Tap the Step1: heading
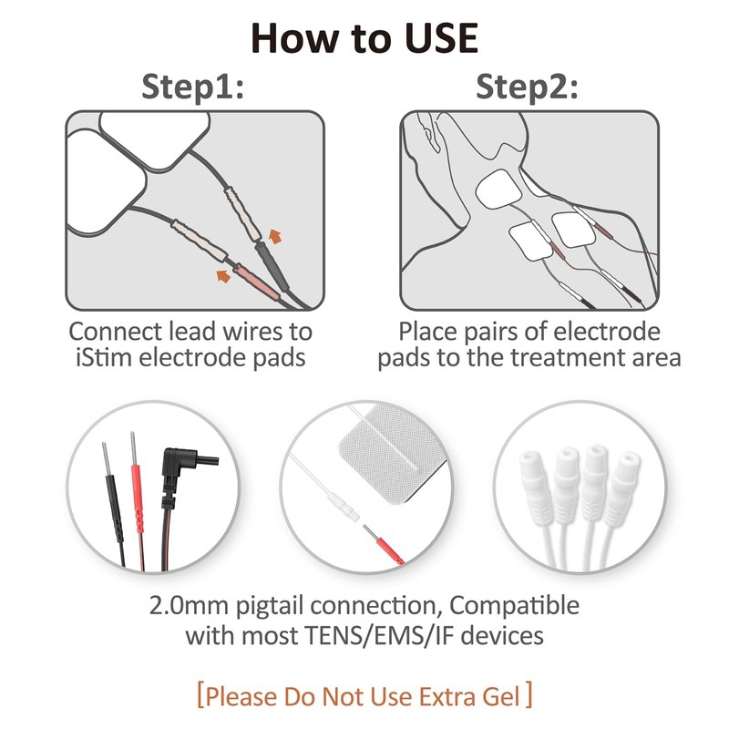[x=192, y=87]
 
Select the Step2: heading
[x=527, y=87]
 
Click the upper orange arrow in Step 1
[x=275, y=236]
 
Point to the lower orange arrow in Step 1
[x=223, y=276]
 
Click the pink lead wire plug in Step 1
[x=256, y=282]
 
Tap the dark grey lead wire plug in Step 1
[x=272, y=265]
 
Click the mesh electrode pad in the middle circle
[x=393, y=453]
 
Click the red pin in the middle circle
[x=383, y=544]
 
